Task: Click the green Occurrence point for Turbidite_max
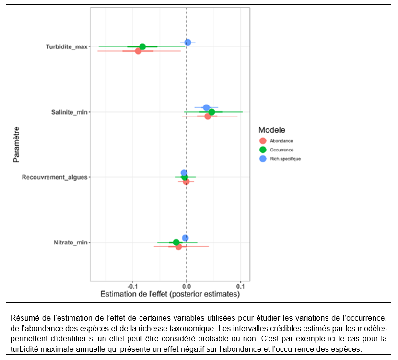coord(142,46)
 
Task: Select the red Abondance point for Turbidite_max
coord(138,51)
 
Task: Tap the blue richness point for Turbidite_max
coord(187,42)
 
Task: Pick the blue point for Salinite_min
coord(206,107)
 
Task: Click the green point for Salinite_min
coord(211,112)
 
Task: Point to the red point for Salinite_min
coord(208,116)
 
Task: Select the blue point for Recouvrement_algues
coord(184,173)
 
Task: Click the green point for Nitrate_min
coord(176,242)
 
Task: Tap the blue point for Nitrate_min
coord(185,238)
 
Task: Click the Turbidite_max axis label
coord(67,47)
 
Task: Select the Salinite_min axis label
coord(69,112)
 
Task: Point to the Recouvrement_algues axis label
coord(55,177)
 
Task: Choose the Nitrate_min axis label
coord(70,243)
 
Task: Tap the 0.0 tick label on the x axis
coord(186,286)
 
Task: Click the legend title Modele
coord(272,130)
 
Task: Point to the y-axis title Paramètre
coord(17,144)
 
